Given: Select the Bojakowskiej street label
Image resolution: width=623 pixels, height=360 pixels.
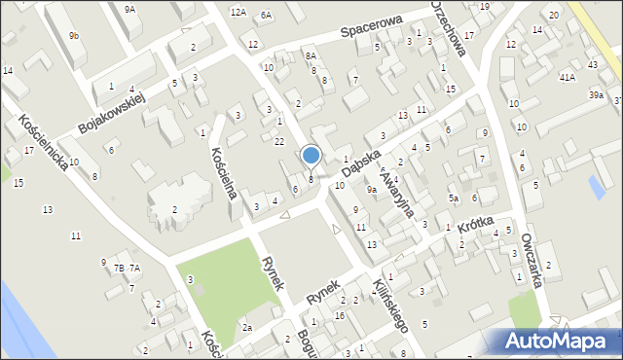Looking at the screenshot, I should tap(111, 115).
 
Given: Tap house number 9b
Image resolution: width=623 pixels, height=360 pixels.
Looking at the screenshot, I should tap(74, 36).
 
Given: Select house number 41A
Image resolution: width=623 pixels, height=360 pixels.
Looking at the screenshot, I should tap(567, 76).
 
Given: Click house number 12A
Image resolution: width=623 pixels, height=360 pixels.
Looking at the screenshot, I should tap(238, 13).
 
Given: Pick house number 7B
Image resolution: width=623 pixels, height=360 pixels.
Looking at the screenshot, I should tap(119, 268).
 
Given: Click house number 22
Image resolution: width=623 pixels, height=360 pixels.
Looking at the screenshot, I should tap(279, 142).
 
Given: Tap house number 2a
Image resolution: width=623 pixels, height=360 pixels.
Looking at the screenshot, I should tap(247, 328).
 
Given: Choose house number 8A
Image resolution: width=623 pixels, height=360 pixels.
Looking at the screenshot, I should tap(311, 56).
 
